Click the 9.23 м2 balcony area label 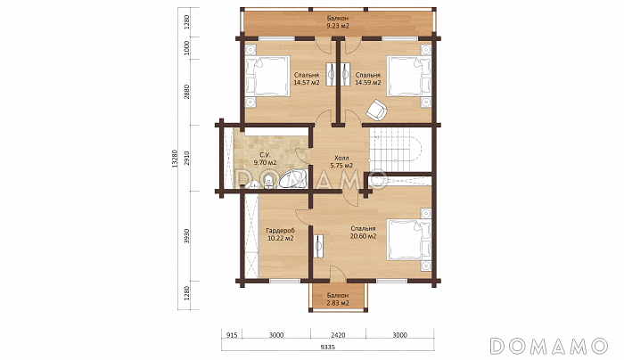click(338, 26)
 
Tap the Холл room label click(341, 158)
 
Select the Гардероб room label click(281, 230)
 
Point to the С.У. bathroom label click(265, 155)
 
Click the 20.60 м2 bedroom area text click(363, 236)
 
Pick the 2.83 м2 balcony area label click(338, 303)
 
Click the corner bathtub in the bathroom click(293, 179)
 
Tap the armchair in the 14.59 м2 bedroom click(375, 109)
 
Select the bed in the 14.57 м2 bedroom click(267, 76)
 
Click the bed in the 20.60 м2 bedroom click(409, 240)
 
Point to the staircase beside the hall click(395, 149)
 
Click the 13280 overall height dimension click(175, 159)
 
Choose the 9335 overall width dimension click(327, 347)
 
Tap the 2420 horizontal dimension click(338, 335)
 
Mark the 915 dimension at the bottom click(232, 335)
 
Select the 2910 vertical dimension click(187, 158)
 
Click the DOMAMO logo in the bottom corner click(549, 346)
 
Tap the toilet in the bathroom click(268, 182)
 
